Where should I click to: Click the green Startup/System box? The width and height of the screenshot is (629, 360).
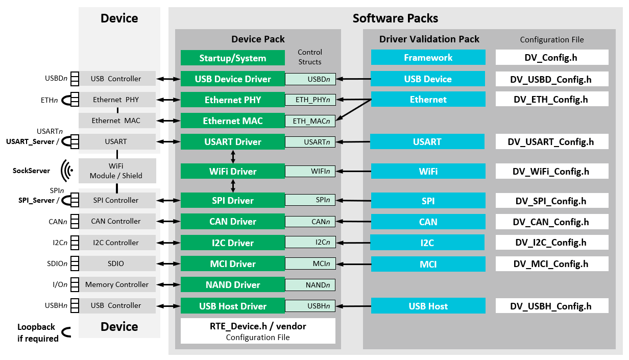(232, 58)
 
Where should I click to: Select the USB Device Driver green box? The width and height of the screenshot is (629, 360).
(232, 79)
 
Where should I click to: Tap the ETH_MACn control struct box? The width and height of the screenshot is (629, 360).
(310, 121)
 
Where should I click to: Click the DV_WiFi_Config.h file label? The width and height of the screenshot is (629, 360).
(551, 171)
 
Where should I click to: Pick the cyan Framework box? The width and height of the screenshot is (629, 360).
(428, 57)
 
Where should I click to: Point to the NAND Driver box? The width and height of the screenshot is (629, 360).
(232, 285)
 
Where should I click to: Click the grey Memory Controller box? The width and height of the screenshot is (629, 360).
(116, 284)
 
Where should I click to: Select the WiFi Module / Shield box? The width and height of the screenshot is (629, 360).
(116, 171)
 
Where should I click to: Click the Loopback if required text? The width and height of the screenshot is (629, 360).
(37, 332)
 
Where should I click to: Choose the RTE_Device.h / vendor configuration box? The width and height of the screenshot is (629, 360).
(258, 330)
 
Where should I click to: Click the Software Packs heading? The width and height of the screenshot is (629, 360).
(395, 18)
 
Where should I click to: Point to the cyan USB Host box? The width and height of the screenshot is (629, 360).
(428, 306)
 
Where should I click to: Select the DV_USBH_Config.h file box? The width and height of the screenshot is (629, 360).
(551, 306)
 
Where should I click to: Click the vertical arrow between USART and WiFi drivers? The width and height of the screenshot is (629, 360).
(233, 156)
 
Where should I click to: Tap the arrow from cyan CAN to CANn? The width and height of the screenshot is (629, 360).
(353, 222)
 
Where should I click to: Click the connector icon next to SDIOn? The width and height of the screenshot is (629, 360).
(75, 263)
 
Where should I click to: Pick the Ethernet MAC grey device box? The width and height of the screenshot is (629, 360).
(116, 121)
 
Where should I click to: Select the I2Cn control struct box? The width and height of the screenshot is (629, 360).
(310, 243)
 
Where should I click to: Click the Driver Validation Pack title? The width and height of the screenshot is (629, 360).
(429, 39)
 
